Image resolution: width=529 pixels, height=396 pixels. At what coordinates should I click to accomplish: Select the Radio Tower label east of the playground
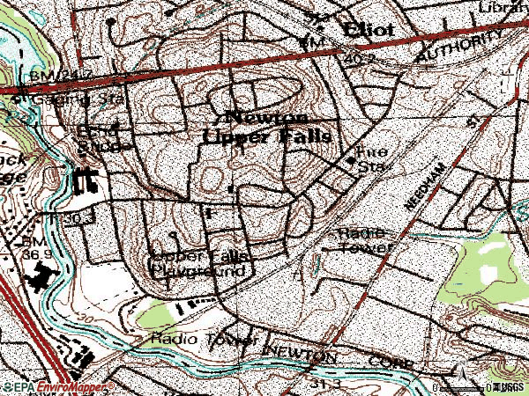[361, 239]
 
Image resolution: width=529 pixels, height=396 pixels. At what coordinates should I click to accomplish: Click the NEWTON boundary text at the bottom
[300, 352]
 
